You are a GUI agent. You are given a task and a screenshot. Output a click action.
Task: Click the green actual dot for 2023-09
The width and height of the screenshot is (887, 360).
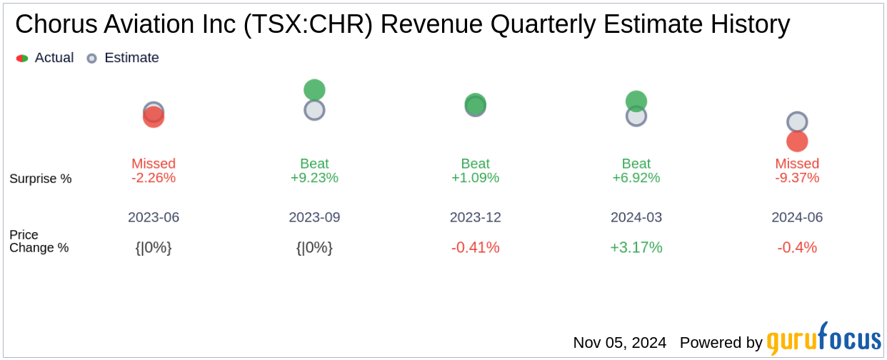314,90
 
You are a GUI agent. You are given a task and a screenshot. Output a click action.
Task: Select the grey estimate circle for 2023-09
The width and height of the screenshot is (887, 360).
314,110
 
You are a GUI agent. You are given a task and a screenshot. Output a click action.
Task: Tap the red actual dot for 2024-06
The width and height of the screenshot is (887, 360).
797,141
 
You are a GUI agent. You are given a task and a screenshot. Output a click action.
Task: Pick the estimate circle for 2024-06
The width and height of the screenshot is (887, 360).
797,122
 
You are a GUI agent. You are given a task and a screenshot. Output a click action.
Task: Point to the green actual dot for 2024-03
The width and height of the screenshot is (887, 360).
636,101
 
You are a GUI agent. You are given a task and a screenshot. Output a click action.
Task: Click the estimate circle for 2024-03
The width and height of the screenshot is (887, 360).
636,116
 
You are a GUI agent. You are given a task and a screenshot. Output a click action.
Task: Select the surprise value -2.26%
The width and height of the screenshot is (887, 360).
154,178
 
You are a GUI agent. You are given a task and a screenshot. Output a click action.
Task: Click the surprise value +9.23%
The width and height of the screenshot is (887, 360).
314,178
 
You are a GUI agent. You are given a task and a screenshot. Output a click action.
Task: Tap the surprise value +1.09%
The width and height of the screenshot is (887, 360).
475,178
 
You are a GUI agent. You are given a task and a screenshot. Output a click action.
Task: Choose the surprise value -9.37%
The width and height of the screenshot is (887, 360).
797,178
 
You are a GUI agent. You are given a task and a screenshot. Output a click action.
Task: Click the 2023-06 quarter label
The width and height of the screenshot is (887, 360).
154,217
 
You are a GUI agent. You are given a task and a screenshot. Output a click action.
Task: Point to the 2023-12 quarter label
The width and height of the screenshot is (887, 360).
475,217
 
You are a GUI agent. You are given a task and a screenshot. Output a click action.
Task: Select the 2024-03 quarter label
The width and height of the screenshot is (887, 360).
636,217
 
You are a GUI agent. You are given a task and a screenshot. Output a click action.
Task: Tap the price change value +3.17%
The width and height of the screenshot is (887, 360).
636,248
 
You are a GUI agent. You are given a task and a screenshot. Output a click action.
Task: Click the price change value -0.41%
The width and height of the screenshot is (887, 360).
475,248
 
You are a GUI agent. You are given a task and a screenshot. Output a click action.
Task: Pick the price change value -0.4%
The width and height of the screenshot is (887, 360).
797,248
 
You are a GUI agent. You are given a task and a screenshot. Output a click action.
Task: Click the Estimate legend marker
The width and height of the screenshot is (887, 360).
91,59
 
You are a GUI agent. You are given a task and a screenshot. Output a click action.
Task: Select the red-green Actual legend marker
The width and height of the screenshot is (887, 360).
22,59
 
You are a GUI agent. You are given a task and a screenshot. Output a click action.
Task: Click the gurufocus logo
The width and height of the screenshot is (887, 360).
823,339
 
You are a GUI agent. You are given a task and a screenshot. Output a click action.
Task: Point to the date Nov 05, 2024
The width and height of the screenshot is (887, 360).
620,343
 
